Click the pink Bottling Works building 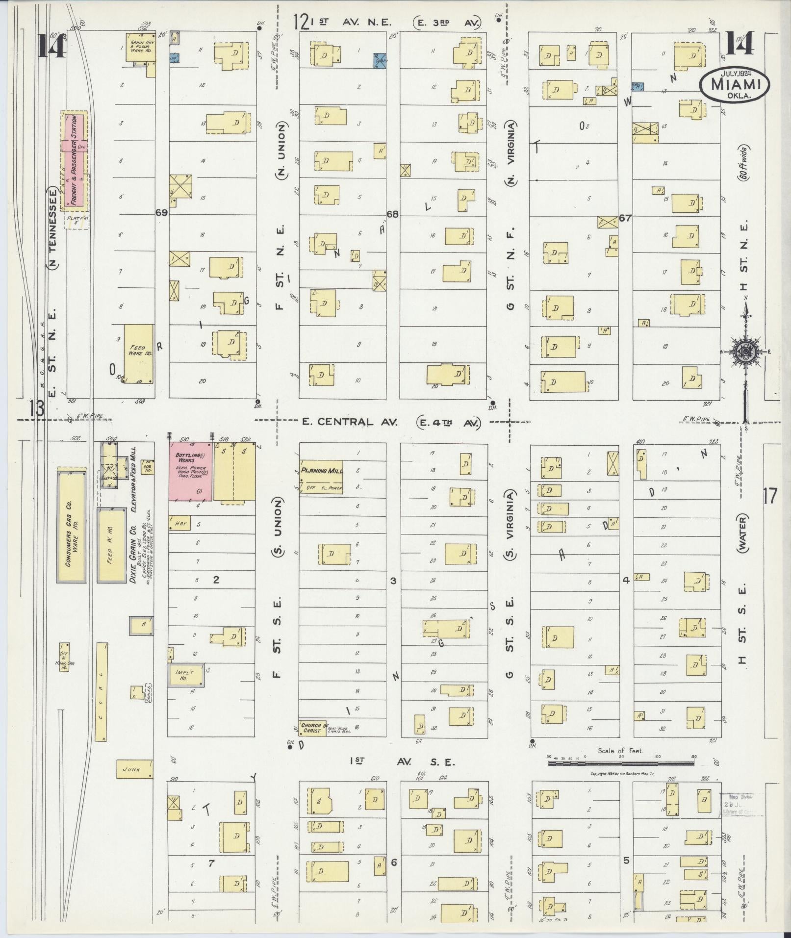coord(191,471)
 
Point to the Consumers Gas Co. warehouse coord(72,528)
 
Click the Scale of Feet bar coord(621,762)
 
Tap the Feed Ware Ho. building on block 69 coord(138,353)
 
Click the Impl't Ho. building coord(186,674)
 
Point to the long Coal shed coord(101,691)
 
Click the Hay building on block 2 coord(179,524)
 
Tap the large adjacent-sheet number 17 coord(770,496)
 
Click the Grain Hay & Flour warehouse coord(140,48)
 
